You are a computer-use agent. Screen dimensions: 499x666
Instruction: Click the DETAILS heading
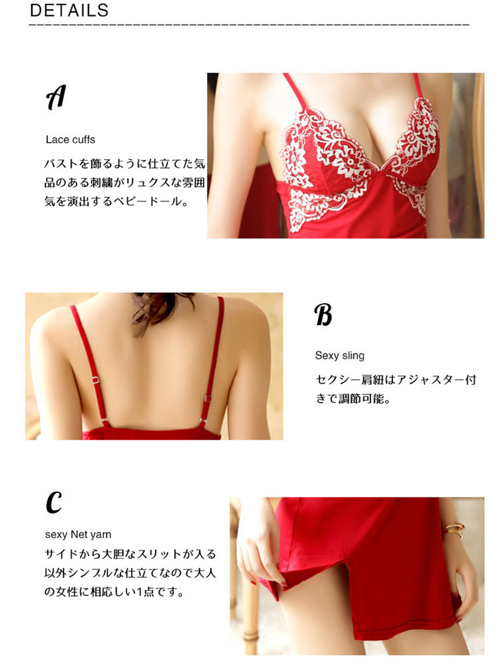click(69, 10)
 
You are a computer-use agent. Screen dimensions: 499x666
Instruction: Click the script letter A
click(56, 97)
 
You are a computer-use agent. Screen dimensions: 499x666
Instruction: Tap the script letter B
click(323, 314)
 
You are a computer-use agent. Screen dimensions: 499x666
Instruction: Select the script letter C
click(54, 501)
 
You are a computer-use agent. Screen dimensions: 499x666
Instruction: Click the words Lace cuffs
click(71, 139)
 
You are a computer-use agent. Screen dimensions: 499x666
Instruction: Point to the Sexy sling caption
click(339, 355)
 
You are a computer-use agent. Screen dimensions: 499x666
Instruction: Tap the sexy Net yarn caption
click(78, 534)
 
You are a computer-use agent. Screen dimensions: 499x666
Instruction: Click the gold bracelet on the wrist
click(452, 529)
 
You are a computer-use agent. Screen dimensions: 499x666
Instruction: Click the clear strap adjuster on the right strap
click(208, 399)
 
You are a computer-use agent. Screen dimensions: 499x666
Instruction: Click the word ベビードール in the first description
click(148, 201)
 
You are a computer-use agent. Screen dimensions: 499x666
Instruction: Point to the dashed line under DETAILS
click(249, 25)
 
